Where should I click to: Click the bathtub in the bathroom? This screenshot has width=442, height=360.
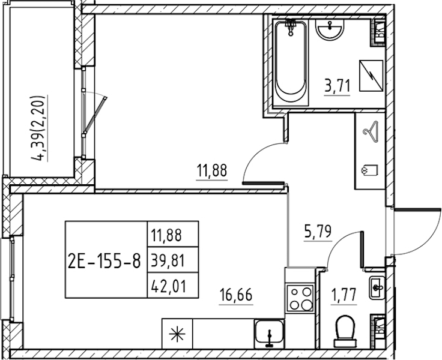[291, 62]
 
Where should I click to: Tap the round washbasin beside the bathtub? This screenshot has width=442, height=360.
[330, 29]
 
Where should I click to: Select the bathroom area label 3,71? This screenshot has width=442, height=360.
[337, 86]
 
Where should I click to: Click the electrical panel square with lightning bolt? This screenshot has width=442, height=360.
[371, 76]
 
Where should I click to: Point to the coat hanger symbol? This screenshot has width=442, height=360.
[371, 131]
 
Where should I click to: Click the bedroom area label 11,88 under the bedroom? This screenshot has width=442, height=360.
[212, 170]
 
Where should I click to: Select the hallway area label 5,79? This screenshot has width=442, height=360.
[318, 231]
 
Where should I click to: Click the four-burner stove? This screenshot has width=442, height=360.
[300, 298]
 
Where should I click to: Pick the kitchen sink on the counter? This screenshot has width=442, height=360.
[269, 334]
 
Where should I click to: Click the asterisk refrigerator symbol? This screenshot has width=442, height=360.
[177, 334]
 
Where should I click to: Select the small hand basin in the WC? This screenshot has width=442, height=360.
[377, 287]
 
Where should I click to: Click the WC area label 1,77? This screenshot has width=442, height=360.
[344, 295]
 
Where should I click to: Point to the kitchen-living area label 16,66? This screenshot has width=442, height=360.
[236, 295]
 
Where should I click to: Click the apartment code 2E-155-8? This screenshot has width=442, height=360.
[104, 262]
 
